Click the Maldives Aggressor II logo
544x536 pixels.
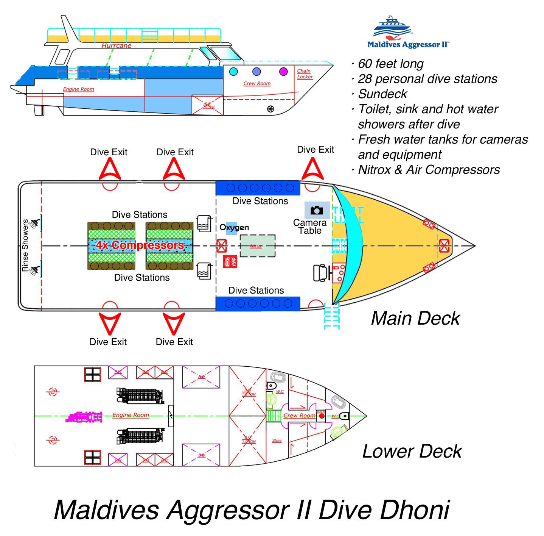408,33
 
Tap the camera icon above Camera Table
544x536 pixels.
317,210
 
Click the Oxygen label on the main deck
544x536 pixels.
234,228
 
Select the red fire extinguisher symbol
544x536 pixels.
230,261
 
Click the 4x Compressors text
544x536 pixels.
140,245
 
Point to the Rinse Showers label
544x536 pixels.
25,245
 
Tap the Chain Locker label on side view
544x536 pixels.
305,74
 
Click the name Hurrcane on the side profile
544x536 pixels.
117,46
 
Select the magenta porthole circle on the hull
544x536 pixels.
283,71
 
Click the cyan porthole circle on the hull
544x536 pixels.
233,71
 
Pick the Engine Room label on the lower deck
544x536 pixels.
131,415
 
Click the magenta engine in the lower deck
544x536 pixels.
84,417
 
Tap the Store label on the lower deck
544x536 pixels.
277,441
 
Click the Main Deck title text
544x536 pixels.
415,318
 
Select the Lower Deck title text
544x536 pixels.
412,451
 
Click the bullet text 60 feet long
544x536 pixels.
390,64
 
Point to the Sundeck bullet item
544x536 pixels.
382,94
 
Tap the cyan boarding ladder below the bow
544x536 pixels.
332,316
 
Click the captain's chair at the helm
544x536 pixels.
321,273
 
